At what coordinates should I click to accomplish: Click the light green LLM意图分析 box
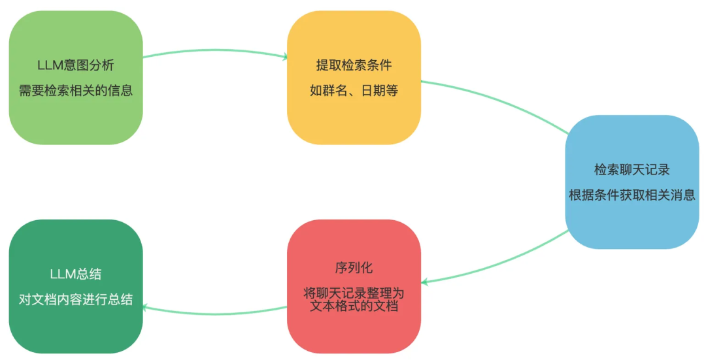pos(76,77)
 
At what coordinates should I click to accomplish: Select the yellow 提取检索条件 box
pos(354,77)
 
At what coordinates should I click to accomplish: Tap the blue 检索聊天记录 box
pos(632,182)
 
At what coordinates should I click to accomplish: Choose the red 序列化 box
pos(354,286)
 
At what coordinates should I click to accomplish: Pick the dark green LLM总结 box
pos(76,286)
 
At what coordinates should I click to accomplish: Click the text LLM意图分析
pos(76,65)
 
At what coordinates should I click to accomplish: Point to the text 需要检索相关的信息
pos(76,90)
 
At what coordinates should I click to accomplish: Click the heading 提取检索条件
pos(354,65)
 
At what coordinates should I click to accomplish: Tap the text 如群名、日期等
pos(354,90)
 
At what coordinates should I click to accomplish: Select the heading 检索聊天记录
pos(632,170)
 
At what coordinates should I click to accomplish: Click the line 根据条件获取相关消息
pos(632,195)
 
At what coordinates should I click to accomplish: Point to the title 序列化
pos(354,268)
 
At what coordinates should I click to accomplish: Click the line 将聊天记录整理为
pos(354,293)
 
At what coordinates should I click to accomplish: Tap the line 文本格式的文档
pos(354,306)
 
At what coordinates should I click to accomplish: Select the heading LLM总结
pos(76,274)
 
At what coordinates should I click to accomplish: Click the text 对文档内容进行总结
pos(76,299)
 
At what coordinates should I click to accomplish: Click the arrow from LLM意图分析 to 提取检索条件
pos(215,50)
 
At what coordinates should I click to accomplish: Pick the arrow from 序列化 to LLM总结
pos(215,313)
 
